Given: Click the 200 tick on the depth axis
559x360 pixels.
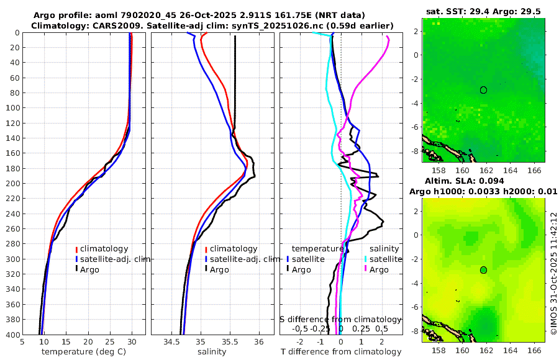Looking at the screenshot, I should pyautogui.click(x=12, y=183).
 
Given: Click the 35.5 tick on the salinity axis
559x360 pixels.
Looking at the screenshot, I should pyautogui.click(x=230, y=341).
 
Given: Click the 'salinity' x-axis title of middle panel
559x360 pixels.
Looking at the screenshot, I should pyautogui.click(x=211, y=351).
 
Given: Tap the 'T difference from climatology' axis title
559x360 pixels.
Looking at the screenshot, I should pyautogui.click(x=340, y=351).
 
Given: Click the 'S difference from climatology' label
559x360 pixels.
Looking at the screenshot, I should pyautogui.click(x=340, y=318).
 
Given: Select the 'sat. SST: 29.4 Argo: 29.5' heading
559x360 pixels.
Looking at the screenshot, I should pyautogui.click(x=483, y=11).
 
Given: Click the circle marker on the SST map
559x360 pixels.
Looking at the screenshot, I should pyautogui.click(x=483, y=90).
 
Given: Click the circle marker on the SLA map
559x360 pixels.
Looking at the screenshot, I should pyautogui.click(x=483, y=270).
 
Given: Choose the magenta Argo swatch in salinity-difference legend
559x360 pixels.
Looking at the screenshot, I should pyautogui.click(x=366, y=269).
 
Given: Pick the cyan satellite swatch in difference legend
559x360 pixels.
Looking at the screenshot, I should pyautogui.click(x=366, y=259).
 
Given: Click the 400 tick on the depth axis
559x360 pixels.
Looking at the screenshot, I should pyautogui.click(x=12, y=335).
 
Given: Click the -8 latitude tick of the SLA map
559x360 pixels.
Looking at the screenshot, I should pyautogui.click(x=415, y=330).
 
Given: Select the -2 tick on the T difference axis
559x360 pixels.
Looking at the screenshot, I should pyautogui.click(x=301, y=341).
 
